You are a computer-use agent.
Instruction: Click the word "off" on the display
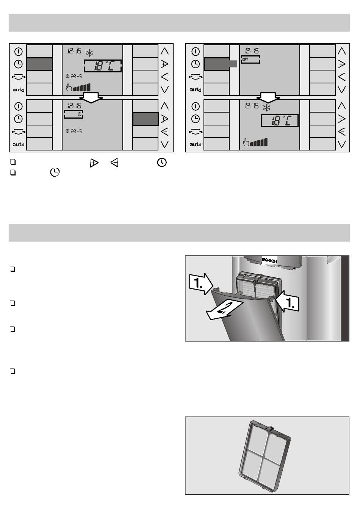(x=245, y=59)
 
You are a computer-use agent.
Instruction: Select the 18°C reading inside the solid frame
(x=280, y=121)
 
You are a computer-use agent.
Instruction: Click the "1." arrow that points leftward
(x=289, y=303)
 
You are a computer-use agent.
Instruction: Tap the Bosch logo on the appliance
(x=269, y=260)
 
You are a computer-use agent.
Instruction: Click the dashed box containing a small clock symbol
(x=74, y=114)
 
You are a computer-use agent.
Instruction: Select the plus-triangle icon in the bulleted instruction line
(x=93, y=163)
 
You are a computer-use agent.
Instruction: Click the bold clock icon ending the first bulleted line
(x=161, y=163)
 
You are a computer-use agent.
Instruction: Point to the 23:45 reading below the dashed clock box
(x=74, y=131)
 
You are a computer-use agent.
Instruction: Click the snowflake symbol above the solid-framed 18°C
(x=267, y=108)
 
